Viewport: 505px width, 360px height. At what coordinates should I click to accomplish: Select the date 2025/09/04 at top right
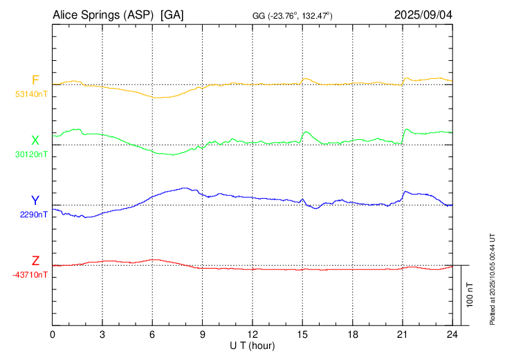(x=423, y=14)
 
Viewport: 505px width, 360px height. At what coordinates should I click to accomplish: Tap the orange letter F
(x=35, y=80)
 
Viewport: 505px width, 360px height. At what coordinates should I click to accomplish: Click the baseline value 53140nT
(x=31, y=93)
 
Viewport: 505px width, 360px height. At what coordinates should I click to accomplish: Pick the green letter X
(x=35, y=141)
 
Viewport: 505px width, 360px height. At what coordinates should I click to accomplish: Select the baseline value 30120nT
(x=31, y=154)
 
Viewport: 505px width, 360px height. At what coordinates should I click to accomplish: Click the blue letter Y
(x=35, y=201)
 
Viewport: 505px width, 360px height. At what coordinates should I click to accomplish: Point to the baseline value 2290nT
(x=34, y=215)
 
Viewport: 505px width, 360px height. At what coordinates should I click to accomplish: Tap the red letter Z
(x=35, y=261)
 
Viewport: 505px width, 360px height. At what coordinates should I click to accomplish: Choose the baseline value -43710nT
(x=30, y=275)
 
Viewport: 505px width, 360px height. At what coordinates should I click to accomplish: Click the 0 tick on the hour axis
(x=53, y=334)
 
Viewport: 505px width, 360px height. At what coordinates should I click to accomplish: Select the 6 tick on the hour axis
(x=152, y=334)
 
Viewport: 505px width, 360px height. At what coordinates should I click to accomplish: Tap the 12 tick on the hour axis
(x=252, y=334)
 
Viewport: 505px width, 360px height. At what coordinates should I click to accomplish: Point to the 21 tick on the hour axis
(x=402, y=334)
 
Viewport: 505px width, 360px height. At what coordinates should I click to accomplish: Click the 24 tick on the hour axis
(x=452, y=334)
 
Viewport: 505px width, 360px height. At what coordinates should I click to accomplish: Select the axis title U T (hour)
(x=252, y=345)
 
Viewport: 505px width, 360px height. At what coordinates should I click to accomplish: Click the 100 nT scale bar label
(x=470, y=295)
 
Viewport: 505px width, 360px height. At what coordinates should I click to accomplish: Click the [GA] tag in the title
(x=172, y=14)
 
